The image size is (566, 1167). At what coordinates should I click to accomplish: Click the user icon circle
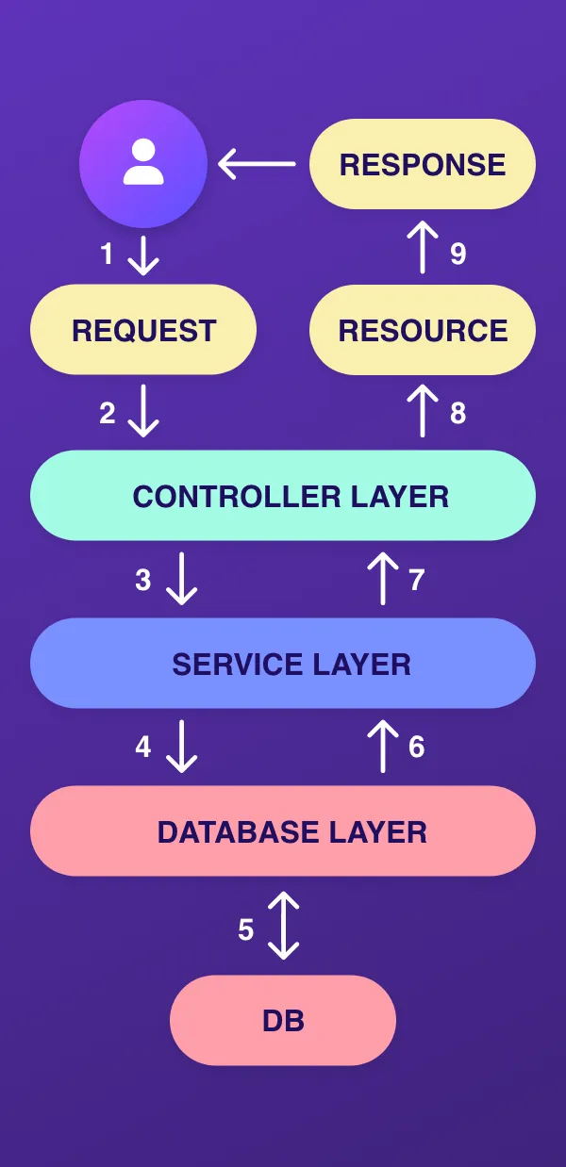[143, 164]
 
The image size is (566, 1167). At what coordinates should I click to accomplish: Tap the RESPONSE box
[423, 164]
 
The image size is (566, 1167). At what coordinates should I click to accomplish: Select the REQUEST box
[143, 330]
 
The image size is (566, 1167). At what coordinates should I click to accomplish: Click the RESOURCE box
[423, 330]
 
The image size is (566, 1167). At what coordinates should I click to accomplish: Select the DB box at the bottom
[283, 1020]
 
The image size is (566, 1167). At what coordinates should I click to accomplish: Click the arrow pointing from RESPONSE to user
[257, 164]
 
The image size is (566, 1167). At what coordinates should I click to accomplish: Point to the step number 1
[108, 254]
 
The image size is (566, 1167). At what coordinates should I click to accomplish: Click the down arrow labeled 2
[142, 412]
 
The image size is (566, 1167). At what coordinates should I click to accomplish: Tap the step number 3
[142, 580]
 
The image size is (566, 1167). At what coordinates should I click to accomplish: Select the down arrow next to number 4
[181, 747]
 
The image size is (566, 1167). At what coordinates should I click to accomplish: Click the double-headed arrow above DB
[283, 926]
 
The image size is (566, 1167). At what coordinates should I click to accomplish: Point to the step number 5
[245, 930]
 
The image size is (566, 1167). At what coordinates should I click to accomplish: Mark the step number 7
[417, 580]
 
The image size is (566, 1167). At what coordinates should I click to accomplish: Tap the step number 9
[458, 254]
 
